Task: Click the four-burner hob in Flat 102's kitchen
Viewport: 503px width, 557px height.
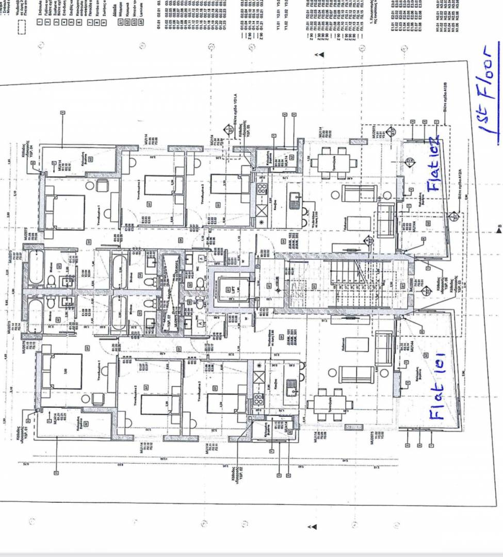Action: click(262, 188)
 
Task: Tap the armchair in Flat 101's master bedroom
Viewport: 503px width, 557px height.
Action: click(96, 399)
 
